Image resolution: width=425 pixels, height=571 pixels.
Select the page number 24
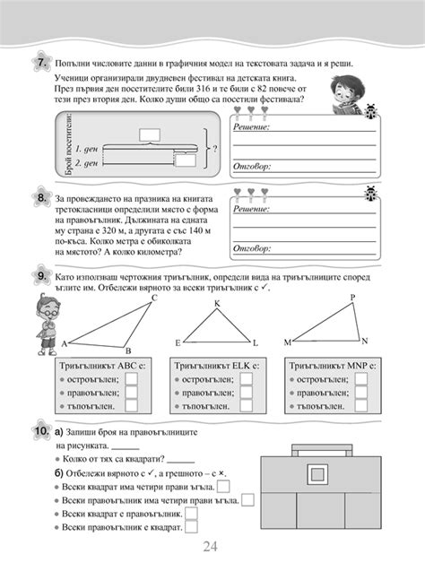212,548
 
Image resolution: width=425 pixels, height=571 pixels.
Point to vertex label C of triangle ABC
153,297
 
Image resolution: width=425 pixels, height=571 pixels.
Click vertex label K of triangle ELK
216,304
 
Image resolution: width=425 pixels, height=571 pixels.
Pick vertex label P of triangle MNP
351,298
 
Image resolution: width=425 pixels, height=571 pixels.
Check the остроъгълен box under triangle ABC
131,379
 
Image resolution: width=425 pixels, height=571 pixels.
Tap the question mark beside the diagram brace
213,149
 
